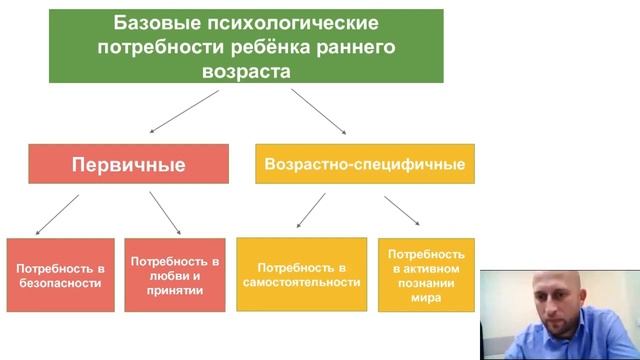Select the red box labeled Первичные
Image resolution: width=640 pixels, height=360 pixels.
point(128,164)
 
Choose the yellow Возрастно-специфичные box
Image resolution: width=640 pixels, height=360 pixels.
point(364,163)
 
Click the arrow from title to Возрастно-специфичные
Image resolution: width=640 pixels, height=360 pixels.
point(318,110)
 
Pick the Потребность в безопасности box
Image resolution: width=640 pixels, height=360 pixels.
point(60,275)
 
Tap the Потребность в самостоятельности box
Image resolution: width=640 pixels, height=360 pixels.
point(301,274)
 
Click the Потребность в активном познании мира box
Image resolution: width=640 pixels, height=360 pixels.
point(426,275)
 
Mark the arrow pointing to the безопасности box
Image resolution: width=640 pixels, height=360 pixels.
point(57,214)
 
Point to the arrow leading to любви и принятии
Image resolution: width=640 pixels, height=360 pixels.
point(164,212)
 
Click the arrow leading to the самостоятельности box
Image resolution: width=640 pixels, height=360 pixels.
point(311,210)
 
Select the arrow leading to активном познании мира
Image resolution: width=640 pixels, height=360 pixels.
point(401,210)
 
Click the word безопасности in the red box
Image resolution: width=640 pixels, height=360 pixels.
point(59,283)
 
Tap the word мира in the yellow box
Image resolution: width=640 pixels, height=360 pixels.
point(426,297)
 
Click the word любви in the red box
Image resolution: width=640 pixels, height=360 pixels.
point(165,275)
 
